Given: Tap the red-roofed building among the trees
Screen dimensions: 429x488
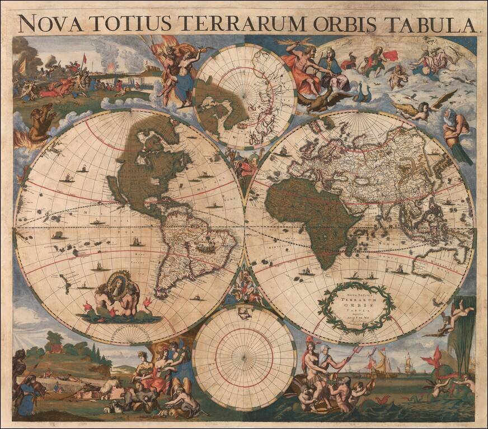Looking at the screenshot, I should click(x=55, y=348).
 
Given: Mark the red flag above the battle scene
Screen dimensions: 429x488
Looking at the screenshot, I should click(x=85, y=58).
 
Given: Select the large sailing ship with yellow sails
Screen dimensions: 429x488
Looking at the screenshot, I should click(x=381, y=360).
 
